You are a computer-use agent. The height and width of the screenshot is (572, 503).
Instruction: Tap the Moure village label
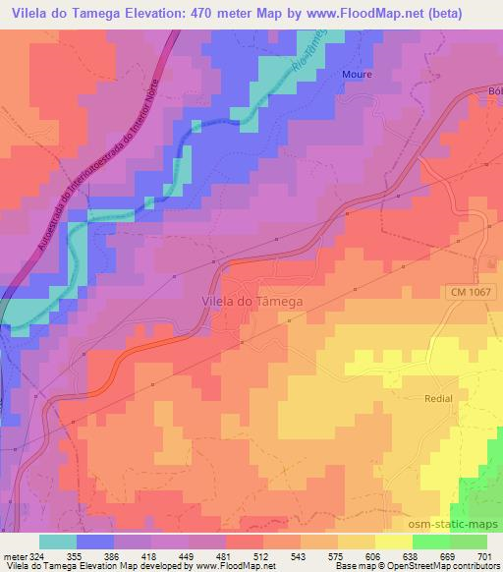coord(356,74)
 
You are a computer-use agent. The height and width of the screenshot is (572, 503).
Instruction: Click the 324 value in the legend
coord(36,556)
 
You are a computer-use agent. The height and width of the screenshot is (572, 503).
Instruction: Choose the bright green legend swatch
coord(430,542)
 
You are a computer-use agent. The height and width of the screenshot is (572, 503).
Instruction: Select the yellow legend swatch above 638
coord(395,542)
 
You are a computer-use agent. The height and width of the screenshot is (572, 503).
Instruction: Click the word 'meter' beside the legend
coord(14,556)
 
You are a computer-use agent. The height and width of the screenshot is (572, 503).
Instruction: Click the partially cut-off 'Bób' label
coord(493,91)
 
